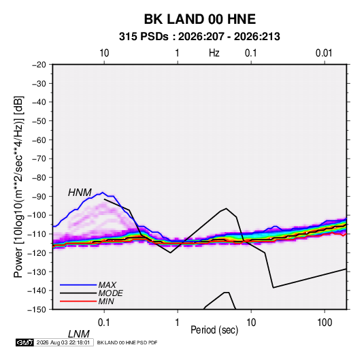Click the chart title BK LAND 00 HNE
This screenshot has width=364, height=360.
pyautogui.click(x=200, y=19)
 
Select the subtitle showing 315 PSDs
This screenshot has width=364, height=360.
pyautogui.click(x=199, y=37)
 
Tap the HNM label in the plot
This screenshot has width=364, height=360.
pyautogui.click(x=80, y=193)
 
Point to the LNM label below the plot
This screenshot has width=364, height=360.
pyautogui.click(x=79, y=334)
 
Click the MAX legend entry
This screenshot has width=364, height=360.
pyautogui.click(x=107, y=285)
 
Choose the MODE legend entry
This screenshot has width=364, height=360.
pyautogui.click(x=110, y=293)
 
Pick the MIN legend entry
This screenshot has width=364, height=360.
pyautogui.click(x=106, y=301)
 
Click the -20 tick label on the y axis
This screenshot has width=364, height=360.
pyautogui.click(x=39, y=65)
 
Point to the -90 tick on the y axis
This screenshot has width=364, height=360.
pyautogui.click(x=39, y=197)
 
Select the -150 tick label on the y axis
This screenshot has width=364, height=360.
pyautogui.click(x=37, y=310)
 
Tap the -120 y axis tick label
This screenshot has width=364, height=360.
pyautogui.click(x=37, y=253)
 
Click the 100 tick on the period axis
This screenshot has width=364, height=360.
pyautogui.click(x=325, y=323)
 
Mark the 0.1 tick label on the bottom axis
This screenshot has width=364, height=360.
pyautogui.click(x=104, y=323)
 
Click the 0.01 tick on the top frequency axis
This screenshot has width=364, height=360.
pyautogui.click(x=324, y=53)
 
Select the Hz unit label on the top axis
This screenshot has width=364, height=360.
pyautogui.click(x=214, y=53)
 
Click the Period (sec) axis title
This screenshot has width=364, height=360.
pyautogui.click(x=214, y=330)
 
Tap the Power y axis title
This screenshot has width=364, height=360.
pyautogui.click(x=18, y=187)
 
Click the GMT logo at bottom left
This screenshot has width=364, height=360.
pyautogui.click(x=24, y=342)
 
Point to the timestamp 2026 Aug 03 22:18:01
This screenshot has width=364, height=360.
pyautogui.click(x=63, y=342)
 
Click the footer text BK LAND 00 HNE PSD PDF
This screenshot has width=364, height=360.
pyautogui.click(x=127, y=342)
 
